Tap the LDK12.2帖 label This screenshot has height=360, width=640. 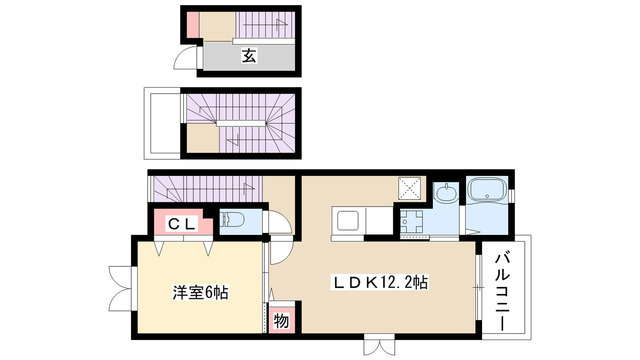click(x=381, y=283)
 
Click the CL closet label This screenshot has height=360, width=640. click(x=180, y=223)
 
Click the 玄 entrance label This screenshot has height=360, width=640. click(x=247, y=56)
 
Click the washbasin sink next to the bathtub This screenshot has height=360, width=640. click(x=446, y=193)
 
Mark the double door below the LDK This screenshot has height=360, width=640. click(x=381, y=346)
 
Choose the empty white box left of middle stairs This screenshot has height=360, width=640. click(x=163, y=123)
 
